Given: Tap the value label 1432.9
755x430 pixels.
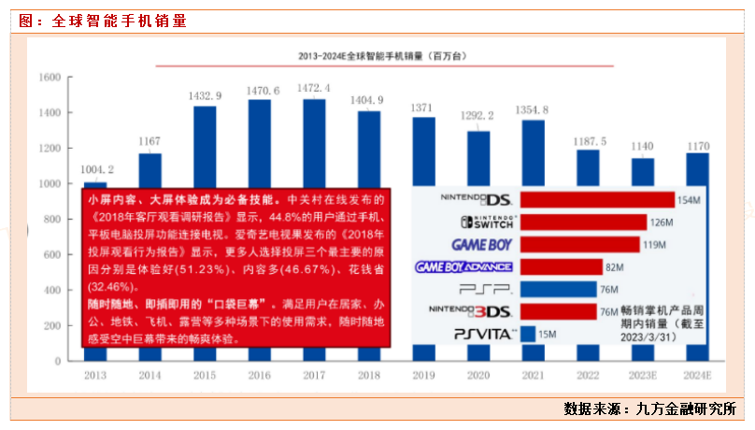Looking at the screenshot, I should point(205,95).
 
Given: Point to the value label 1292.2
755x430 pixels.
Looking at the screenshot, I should point(477,116).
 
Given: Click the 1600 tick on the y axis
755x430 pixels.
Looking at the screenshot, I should point(50,78).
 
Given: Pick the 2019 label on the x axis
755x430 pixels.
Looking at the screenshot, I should point(423,374).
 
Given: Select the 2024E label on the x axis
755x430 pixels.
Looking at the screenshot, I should point(698,374).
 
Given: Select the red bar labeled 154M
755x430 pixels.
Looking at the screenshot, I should point(597,200).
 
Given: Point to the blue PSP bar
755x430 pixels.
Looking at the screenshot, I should point(558,290).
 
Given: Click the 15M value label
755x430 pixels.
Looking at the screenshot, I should point(549,334).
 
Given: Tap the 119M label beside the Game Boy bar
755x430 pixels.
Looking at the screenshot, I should point(655,245).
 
